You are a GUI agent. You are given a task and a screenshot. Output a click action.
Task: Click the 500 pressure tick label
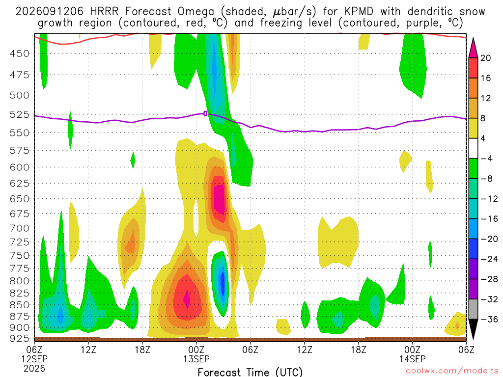20,95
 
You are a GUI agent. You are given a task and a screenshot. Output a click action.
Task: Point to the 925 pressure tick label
20,338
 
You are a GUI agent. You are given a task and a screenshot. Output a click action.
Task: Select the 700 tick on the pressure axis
20,228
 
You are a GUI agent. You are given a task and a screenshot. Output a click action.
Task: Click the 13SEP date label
196,359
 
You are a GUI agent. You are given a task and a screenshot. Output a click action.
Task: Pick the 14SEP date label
412,359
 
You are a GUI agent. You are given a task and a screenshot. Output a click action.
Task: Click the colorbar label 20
485,58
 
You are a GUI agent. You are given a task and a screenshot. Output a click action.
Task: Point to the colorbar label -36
489,319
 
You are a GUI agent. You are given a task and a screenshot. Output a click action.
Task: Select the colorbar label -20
489,239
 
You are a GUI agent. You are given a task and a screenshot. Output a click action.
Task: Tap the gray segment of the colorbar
473,309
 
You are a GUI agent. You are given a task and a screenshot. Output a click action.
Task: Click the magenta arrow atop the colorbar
473,48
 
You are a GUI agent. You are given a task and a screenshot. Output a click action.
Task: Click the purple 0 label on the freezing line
205,113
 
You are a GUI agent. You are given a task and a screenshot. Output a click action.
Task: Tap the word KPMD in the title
359,12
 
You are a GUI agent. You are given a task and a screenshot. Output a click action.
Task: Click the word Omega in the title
196,12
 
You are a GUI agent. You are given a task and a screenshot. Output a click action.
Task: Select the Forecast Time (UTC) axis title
250,372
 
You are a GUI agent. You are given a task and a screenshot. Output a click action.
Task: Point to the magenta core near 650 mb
220,199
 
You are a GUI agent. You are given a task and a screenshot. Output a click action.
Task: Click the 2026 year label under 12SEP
34,368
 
